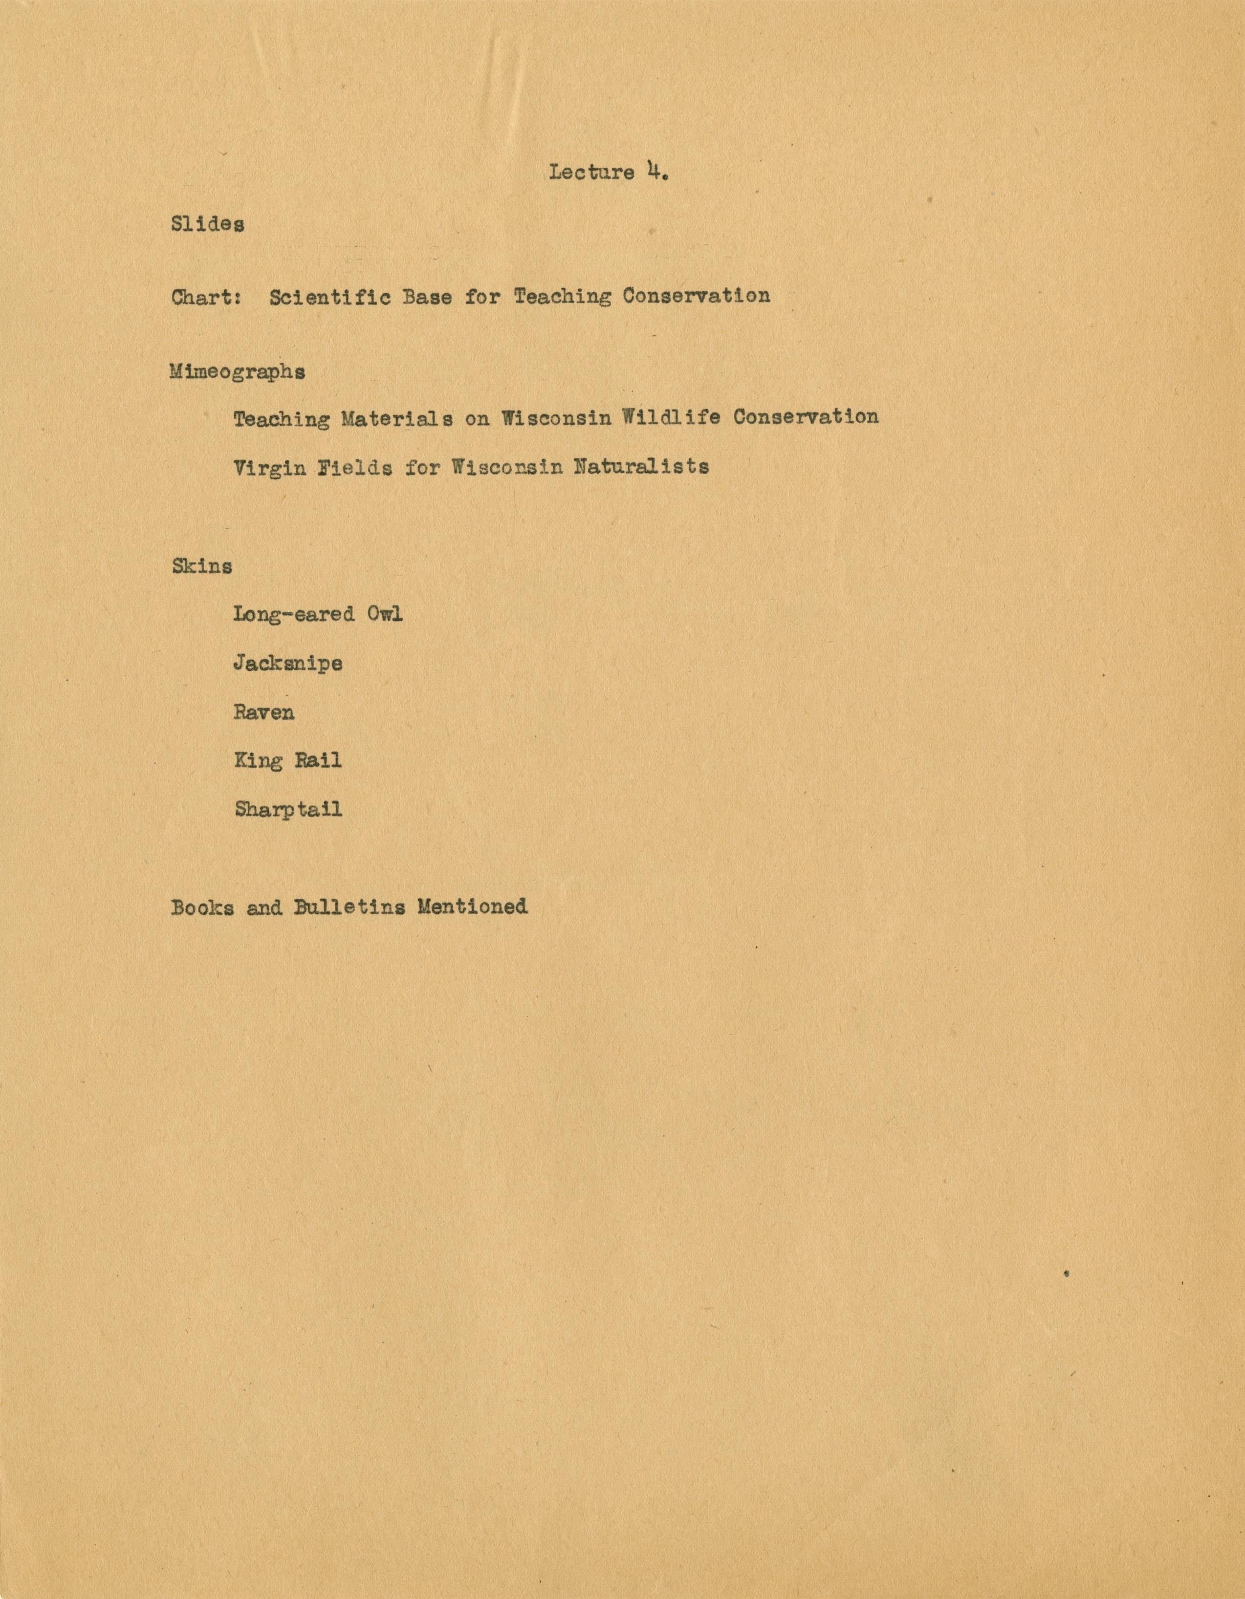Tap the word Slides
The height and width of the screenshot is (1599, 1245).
(208, 224)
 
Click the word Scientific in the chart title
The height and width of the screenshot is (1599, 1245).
(329, 297)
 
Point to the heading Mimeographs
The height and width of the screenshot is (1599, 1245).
(237, 372)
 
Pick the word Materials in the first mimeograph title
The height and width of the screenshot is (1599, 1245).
(395, 418)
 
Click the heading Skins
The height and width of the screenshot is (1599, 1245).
(202, 566)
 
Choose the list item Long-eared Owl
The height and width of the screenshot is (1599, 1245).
(318, 613)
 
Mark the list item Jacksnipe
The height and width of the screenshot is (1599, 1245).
(288, 663)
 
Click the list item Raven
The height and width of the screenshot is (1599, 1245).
(263, 712)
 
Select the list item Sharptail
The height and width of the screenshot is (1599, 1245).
(288, 810)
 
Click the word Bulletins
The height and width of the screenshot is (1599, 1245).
(349, 907)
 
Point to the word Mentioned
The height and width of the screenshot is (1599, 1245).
(472, 907)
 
